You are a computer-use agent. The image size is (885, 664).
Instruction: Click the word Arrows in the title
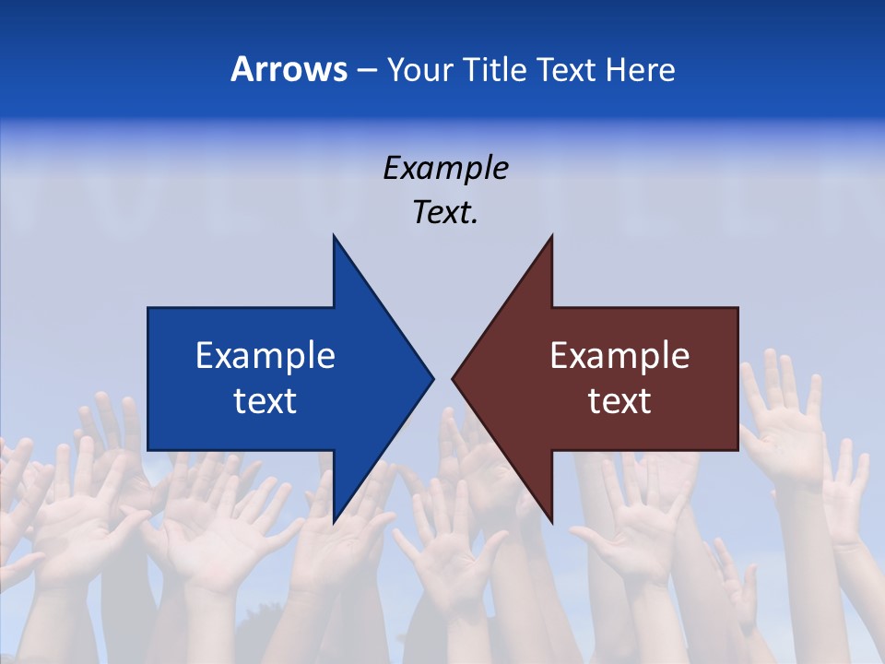pyautogui.click(x=289, y=69)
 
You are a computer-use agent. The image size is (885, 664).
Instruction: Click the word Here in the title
pyautogui.click(x=640, y=69)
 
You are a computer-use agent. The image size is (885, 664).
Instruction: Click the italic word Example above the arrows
pyautogui.click(x=445, y=169)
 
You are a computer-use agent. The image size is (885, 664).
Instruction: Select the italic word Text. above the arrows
pyautogui.click(x=445, y=213)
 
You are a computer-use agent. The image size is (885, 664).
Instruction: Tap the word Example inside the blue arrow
pyautogui.click(x=265, y=356)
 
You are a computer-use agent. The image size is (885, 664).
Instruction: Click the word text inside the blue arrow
pyautogui.click(x=265, y=401)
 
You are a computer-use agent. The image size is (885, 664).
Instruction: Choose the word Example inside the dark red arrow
pyautogui.click(x=619, y=356)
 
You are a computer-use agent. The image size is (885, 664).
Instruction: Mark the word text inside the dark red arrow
pyautogui.click(x=619, y=401)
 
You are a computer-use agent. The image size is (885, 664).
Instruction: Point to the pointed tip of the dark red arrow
pyautogui.click(x=454, y=378)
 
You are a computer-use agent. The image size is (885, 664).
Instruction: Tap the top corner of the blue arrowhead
pyautogui.click(x=334, y=237)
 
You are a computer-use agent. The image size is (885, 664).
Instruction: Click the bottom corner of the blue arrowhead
pyautogui.click(x=334, y=521)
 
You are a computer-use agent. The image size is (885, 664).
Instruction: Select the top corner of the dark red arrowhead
pyautogui.click(x=551, y=237)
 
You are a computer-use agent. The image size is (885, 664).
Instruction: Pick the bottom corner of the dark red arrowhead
pyautogui.click(x=551, y=521)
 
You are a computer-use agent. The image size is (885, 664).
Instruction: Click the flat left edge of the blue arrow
pyautogui.click(x=148, y=378)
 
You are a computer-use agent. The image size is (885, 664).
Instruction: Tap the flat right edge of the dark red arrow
pyautogui.click(x=737, y=378)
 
